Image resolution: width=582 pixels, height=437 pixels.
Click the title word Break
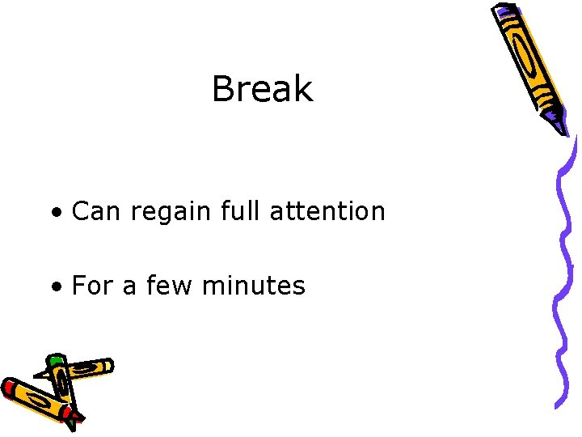click(262, 89)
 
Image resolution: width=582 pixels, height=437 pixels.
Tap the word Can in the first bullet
click(97, 211)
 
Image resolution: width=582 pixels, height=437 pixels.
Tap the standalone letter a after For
click(129, 286)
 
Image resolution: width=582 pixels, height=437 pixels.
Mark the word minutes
click(254, 285)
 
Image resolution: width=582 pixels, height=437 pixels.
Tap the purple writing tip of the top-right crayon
click(560, 125)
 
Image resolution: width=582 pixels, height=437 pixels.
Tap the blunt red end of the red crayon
click(10, 388)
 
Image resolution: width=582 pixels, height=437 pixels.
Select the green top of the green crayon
click(55, 359)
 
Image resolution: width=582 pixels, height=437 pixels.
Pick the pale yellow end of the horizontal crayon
click(106, 366)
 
